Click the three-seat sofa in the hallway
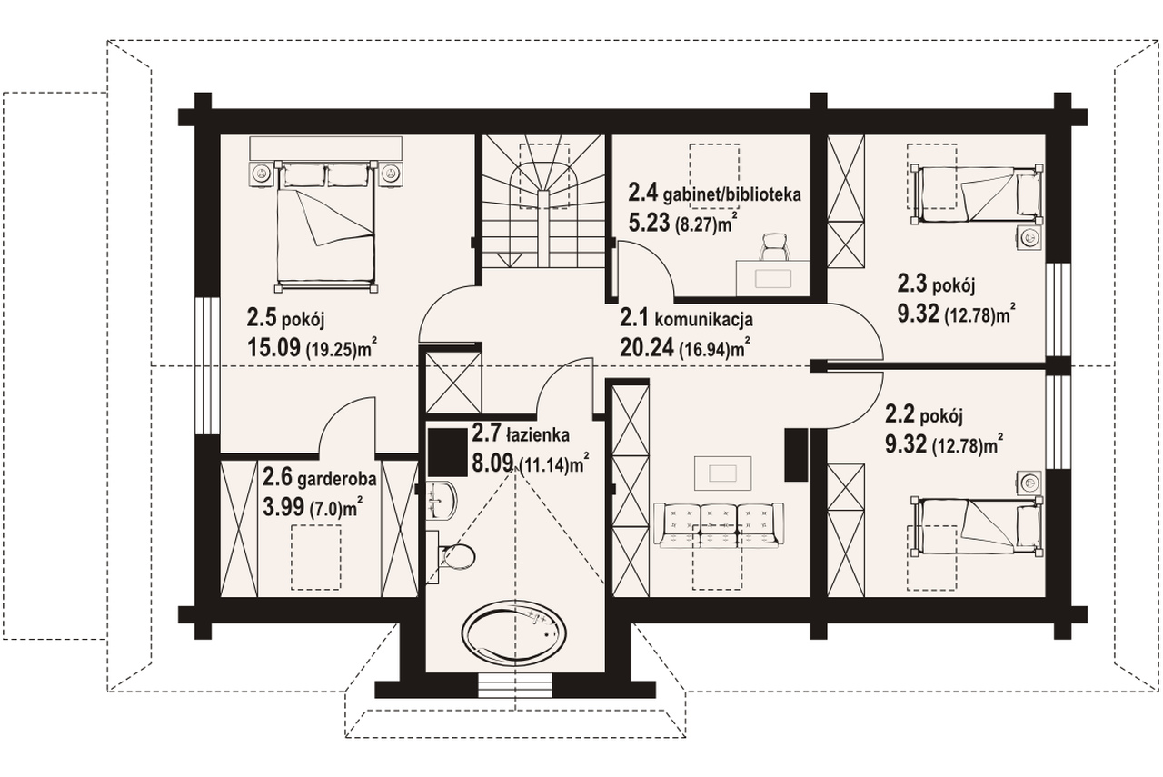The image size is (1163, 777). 719,524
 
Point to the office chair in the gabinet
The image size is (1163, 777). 773,246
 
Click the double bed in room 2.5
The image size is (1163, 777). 325,224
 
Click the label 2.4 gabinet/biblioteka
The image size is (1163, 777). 714,194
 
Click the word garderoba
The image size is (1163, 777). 337,480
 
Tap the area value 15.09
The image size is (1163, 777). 273,347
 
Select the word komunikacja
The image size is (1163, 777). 703,320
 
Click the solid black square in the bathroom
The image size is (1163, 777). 448,453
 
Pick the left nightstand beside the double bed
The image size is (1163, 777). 261,173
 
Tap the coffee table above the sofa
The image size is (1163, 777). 722,473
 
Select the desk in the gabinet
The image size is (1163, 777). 773,278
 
